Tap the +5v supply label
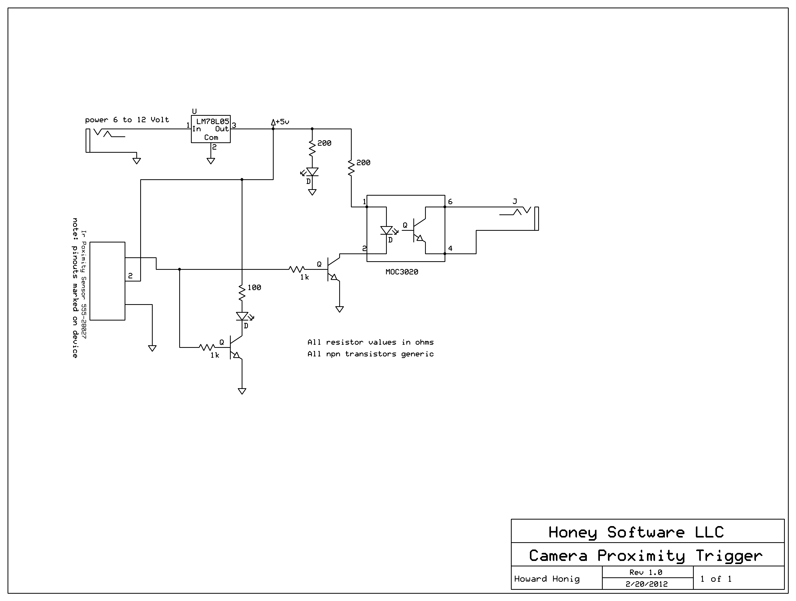[x=282, y=122]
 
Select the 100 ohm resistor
[x=242, y=293]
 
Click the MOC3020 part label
[x=402, y=272]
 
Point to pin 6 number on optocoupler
[x=450, y=202]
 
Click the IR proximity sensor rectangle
[x=107, y=281]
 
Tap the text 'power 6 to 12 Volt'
[x=127, y=120]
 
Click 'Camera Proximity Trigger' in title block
[x=646, y=556]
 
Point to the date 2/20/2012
[x=647, y=584]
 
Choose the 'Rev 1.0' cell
[x=646, y=572]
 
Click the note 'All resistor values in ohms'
[x=370, y=342]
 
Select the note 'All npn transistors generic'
[x=370, y=354]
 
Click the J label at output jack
[x=515, y=202]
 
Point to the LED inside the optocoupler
[x=387, y=230]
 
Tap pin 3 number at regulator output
[x=234, y=125]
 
